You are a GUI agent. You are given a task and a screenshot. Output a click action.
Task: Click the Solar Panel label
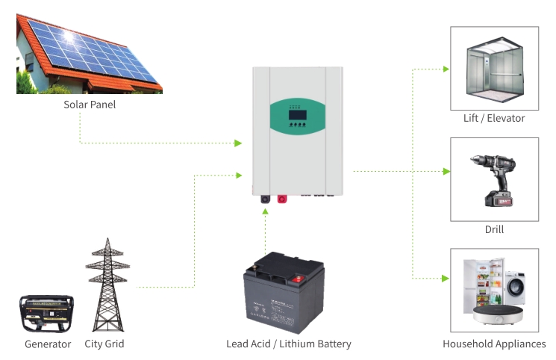pyautogui.click(x=90, y=105)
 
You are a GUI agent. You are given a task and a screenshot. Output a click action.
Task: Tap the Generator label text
pyautogui.click(x=48, y=344)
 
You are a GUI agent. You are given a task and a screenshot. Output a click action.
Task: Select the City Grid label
pyautogui.click(x=104, y=344)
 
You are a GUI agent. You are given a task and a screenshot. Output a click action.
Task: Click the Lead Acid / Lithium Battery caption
pyautogui.click(x=289, y=344)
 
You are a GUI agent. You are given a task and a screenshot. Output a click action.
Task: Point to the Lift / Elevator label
pyautogui.click(x=494, y=118)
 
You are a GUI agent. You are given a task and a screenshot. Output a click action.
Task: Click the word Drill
pyautogui.click(x=494, y=229)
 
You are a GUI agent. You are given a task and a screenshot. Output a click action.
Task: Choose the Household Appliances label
pyautogui.click(x=494, y=344)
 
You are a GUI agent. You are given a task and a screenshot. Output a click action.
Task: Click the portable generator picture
pyautogui.click(x=46, y=314)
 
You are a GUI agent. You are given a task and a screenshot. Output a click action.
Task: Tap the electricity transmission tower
pyautogui.click(x=107, y=285)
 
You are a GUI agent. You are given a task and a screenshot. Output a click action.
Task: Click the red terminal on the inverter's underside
pyautogui.click(x=282, y=199)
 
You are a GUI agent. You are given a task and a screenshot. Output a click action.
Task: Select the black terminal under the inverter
pyautogui.click(x=265, y=199)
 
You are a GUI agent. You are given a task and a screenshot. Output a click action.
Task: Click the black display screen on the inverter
pyautogui.click(x=298, y=115)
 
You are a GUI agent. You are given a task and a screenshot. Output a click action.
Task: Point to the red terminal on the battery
pyautogui.click(x=299, y=279)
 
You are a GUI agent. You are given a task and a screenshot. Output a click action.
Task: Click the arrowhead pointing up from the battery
pyautogui.click(x=265, y=211)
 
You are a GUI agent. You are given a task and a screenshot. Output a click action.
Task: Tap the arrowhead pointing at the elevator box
pyautogui.click(x=446, y=69)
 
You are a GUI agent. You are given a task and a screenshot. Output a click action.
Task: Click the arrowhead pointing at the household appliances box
pyautogui.click(x=446, y=279)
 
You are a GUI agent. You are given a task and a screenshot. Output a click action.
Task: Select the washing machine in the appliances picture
pyautogui.click(x=515, y=288)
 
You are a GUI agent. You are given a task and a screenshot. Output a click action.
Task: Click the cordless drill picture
pyautogui.click(x=494, y=180)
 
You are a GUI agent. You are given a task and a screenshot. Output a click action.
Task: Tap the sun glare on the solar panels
pyautogui.click(x=67, y=36)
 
